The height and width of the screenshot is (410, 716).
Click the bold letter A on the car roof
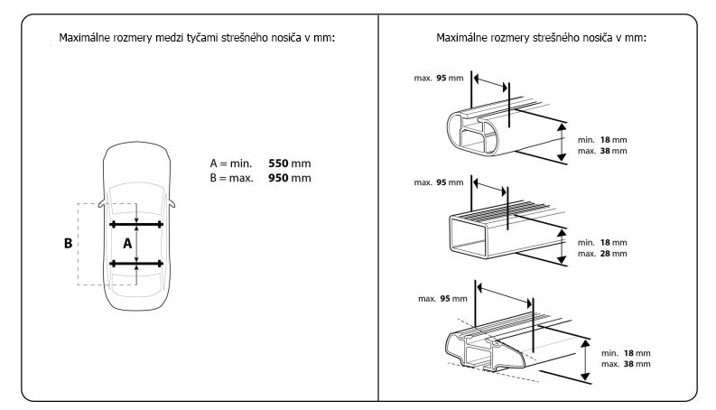[127, 243]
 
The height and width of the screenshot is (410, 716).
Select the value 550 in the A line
[281, 164]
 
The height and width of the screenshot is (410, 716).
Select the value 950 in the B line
[281, 178]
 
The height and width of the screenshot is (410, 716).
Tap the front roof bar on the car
[136, 223]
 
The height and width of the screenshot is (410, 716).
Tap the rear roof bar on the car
[136, 263]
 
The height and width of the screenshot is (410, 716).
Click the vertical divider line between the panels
[378, 208]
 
